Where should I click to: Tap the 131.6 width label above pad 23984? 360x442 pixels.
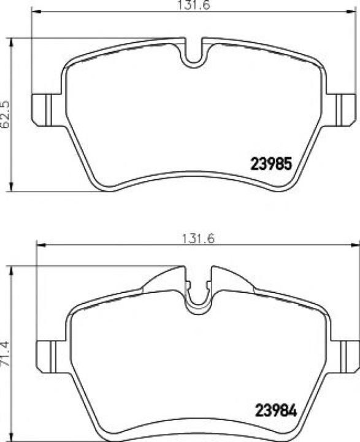tap(196, 239)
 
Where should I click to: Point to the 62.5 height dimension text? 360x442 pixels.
tap(7, 114)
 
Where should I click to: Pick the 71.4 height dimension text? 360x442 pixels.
tap(7, 354)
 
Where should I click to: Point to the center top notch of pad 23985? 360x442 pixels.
tap(193, 54)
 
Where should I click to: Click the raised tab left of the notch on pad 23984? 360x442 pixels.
tap(164, 280)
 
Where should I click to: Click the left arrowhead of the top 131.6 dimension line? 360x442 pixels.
tap(35, 11)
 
